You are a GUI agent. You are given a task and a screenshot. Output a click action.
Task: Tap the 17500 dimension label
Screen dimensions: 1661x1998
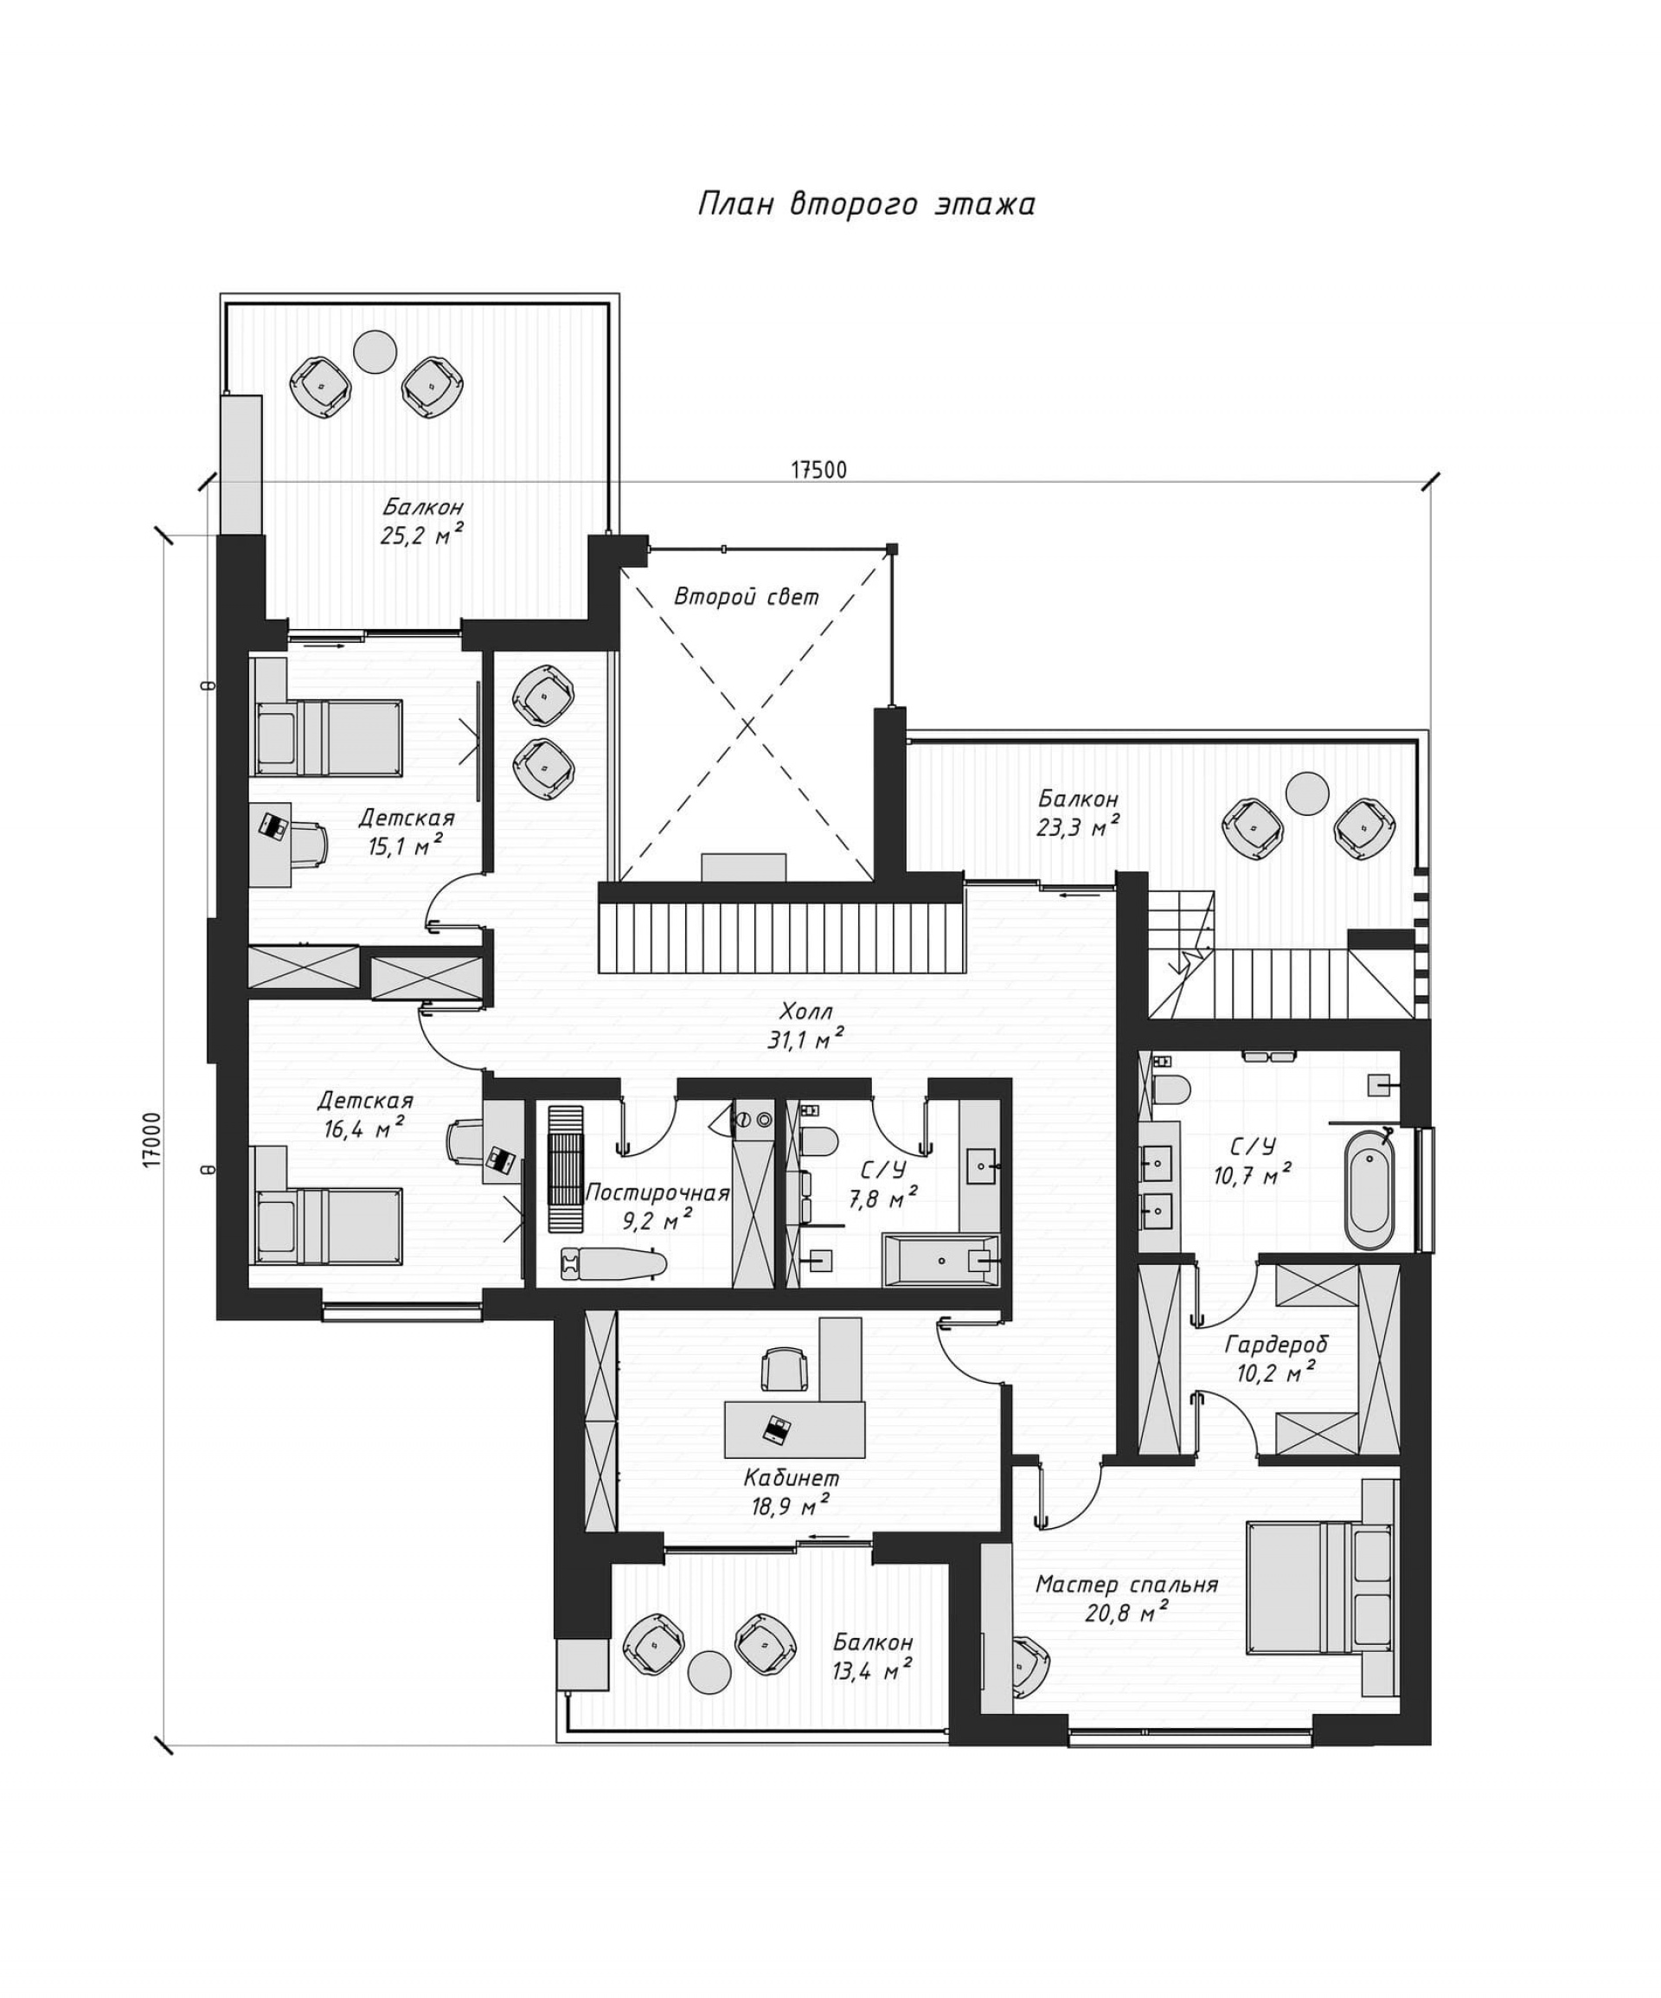(818, 470)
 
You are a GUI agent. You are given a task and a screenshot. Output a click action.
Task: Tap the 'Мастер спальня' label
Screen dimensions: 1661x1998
(1126, 1584)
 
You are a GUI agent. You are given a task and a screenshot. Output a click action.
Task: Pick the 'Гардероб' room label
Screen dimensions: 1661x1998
(1276, 1345)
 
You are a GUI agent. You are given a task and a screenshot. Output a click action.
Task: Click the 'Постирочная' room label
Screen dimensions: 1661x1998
(657, 1193)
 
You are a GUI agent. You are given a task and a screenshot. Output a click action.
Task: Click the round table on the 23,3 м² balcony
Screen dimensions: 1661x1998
(1306, 792)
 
